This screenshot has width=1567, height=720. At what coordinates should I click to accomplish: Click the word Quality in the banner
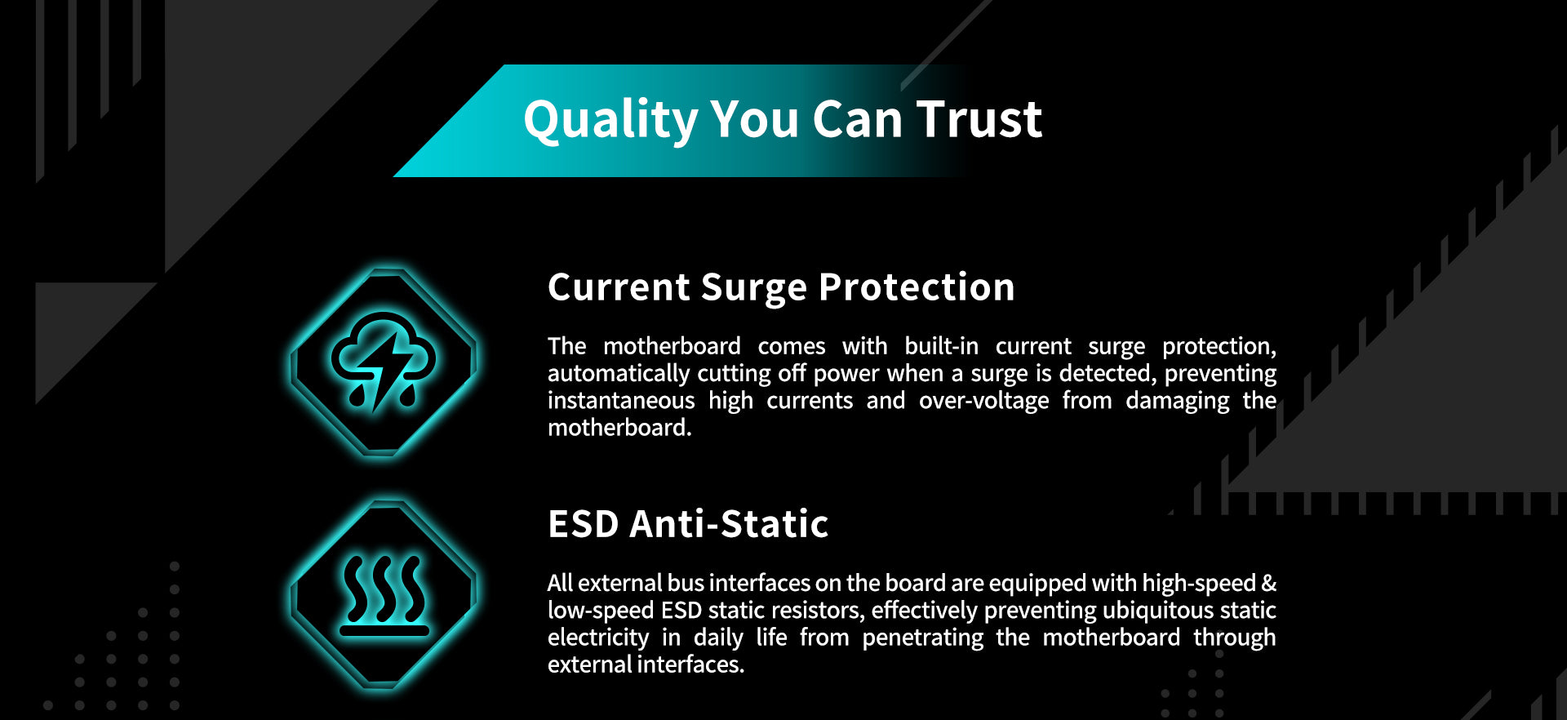point(610,121)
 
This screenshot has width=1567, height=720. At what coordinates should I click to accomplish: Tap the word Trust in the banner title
point(979,119)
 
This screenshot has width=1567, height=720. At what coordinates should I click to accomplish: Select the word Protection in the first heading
point(917,287)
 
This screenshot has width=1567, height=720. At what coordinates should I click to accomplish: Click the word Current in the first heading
point(619,287)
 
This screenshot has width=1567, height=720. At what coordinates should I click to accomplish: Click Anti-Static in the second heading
point(730,524)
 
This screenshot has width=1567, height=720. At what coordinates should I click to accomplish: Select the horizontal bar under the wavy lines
point(384,631)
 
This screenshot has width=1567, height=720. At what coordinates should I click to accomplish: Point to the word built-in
point(941,346)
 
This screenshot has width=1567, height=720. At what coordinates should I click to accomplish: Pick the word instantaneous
point(621,401)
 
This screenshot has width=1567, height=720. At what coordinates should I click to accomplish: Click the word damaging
point(1177,401)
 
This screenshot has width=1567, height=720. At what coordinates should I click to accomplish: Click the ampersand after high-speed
point(1269,583)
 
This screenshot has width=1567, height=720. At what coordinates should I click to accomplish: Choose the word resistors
point(817,611)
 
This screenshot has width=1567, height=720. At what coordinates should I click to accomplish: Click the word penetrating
point(922,638)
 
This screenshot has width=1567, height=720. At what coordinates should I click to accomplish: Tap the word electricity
point(598,638)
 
